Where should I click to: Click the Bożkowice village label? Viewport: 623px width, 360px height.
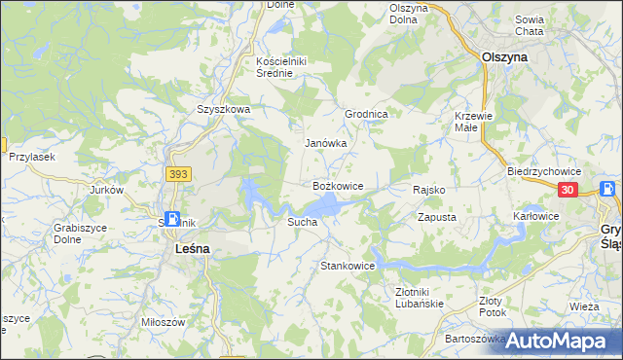[x=338, y=185]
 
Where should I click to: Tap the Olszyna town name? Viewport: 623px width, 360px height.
[x=505, y=57]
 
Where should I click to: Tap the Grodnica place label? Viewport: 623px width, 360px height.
[x=367, y=114]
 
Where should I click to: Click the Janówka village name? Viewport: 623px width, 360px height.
[x=326, y=143]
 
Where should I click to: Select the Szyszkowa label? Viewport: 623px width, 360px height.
[x=224, y=110]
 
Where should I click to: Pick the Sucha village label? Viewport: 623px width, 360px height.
[x=301, y=223]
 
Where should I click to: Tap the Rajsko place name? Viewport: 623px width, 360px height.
[x=429, y=190]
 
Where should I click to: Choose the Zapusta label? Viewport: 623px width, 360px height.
[x=437, y=218]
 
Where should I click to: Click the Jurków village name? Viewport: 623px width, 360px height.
[x=107, y=190]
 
